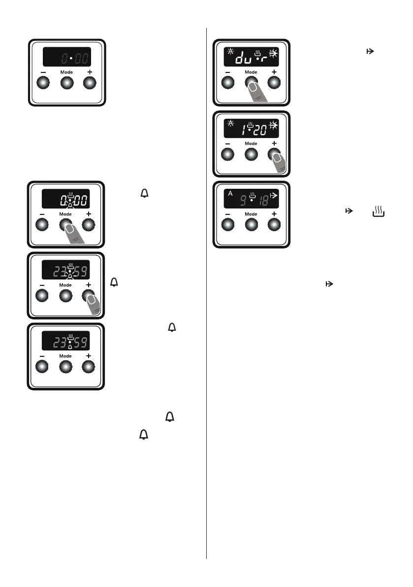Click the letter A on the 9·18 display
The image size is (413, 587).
point(230,193)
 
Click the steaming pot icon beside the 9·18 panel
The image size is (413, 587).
point(379,213)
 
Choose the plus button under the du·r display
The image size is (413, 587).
point(275,83)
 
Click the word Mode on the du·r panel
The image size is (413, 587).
point(252,72)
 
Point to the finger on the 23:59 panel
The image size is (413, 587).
point(94,304)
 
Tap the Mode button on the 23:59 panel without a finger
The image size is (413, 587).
point(65,367)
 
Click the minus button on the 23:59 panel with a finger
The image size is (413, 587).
point(42,295)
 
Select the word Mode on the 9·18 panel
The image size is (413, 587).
point(252,214)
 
